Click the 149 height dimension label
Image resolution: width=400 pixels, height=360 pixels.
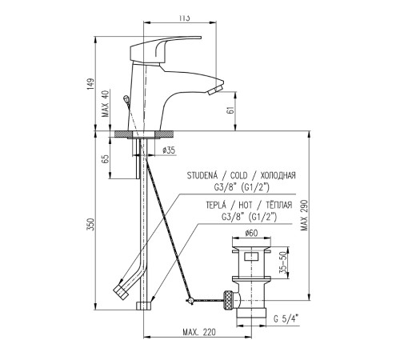coord(91,83)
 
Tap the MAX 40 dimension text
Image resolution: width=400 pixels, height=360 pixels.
coord(106,103)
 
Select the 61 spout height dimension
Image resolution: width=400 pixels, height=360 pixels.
coord(231,109)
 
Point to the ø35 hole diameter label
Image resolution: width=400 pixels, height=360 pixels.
coord(169,150)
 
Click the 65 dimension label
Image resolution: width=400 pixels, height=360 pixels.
coord(106,159)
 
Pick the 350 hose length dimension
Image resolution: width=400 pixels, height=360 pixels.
coord(91,224)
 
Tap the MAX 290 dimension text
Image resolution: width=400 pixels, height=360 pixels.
coord(304,215)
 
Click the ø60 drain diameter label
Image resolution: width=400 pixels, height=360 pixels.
coord(251,233)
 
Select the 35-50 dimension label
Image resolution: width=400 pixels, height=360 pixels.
coord(284,262)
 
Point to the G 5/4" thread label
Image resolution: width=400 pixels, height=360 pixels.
coord(286,318)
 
